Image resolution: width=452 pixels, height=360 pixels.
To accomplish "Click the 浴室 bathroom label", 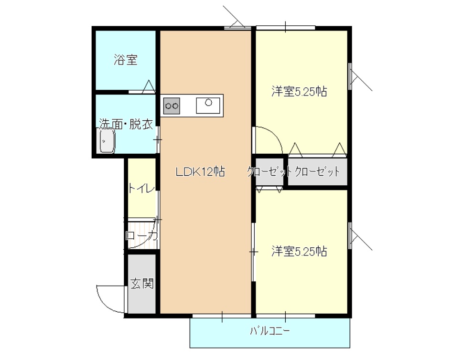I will pyautogui.click(x=126, y=61).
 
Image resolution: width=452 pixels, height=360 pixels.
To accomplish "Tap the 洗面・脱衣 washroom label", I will pyautogui.click(x=126, y=124).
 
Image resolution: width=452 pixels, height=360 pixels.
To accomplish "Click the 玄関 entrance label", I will pyautogui.click(x=142, y=284).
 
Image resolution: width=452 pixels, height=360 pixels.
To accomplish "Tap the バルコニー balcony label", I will pyautogui.click(x=270, y=330).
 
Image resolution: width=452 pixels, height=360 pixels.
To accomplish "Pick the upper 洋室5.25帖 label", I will pyautogui.click(x=299, y=92).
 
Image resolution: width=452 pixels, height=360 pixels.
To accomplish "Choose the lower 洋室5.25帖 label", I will pyautogui.click(x=299, y=251).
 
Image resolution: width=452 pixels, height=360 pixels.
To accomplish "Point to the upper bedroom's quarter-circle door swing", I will pyautogui.click(x=268, y=138).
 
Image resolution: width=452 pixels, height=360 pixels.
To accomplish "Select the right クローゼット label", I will pyautogui.click(x=317, y=172).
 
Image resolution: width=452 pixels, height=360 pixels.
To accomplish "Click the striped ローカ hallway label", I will pyautogui.click(x=141, y=235).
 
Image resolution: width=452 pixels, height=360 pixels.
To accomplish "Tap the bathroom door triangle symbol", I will pyautogui.click(x=149, y=86).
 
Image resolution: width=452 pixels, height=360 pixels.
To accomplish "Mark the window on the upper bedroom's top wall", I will pyautogui.click(x=285, y=27).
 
